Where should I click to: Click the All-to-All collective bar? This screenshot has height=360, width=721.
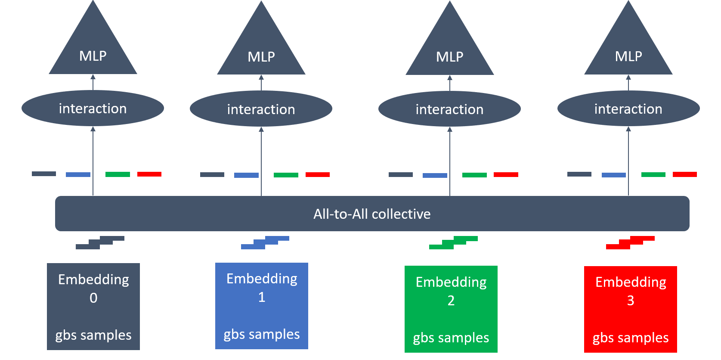point(372,214)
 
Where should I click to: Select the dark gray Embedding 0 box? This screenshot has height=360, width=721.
point(93,307)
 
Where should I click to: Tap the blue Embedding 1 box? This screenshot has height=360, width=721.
point(262,306)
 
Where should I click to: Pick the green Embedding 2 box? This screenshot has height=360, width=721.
point(451,309)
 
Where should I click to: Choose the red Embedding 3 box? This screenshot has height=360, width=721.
point(631,310)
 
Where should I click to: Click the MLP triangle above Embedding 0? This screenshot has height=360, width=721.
point(93,45)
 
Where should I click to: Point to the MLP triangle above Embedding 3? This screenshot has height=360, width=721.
point(628,45)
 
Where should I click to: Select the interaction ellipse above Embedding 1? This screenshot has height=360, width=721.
point(261,109)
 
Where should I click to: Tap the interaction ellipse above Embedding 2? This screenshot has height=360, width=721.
point(450,109)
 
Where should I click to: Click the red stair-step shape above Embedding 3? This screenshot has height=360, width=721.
point(630,242)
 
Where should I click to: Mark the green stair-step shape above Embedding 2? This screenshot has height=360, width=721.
point(454,242)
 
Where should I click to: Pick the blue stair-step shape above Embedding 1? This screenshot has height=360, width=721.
point(265,242)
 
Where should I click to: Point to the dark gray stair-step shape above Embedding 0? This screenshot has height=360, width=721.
point(100,242)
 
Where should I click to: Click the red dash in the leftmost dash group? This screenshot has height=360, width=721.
point(149,174)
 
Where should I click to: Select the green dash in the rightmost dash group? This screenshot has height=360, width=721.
point(653,174)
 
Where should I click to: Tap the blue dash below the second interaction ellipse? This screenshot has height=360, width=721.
point(247,175)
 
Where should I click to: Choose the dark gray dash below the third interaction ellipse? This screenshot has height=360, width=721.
point(401,174)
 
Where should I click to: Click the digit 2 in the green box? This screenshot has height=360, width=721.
point(451,301)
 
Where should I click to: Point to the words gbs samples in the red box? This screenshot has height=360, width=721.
point(631,338)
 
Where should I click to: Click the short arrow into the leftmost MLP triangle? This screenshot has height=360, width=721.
point(93,82)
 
